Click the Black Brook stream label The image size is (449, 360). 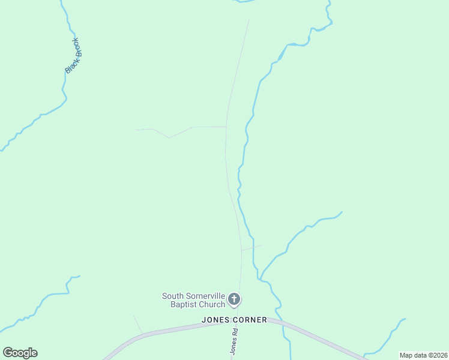pos(73,56)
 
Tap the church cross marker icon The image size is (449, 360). pos(235,299)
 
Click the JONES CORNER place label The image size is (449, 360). pos(235,320)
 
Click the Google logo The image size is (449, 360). pos(20,353)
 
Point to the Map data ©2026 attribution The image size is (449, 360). pos(423,355)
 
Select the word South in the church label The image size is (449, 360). pos(173,296)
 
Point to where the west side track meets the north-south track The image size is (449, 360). pos(226,127)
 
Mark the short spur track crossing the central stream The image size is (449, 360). pos(252,247)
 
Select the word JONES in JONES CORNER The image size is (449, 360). pos(216,320)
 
